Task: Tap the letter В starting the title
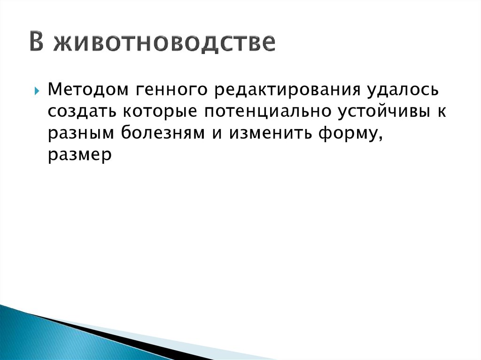tap(37, 42)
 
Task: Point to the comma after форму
tap(378, 138)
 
